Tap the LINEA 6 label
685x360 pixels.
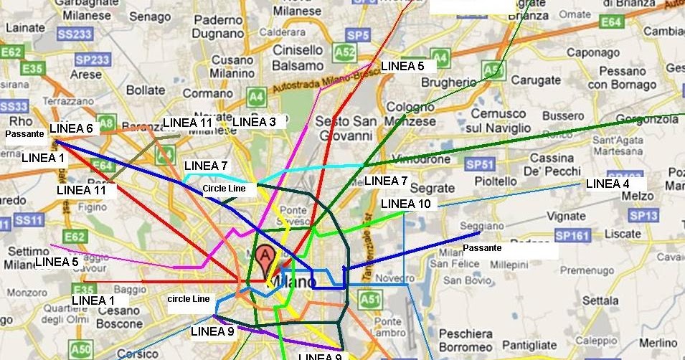[x=71, y=129]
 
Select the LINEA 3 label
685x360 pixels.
[x=254, y=122]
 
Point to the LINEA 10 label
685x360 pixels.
[x=406, y=204]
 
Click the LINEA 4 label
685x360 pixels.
[x=608, y=184]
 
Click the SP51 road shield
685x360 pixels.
[x=480, y=164]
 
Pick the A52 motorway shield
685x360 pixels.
[x=346, y=52]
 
